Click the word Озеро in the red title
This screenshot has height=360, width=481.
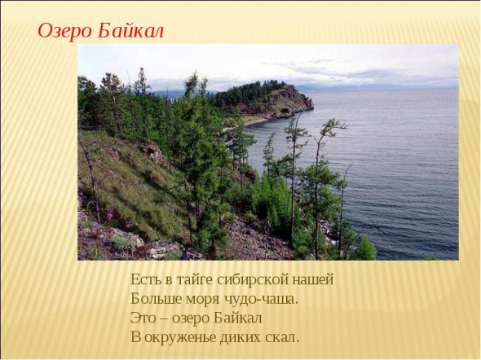click(64, 31)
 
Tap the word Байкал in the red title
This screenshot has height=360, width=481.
click(130, 31)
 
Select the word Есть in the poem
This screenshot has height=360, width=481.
click(146, 279)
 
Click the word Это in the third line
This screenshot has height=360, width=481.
click(143, 318)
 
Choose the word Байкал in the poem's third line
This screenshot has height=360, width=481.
click(237, 318)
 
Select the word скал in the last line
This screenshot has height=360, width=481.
click(280, 338)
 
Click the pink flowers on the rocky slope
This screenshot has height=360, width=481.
click(108, 214)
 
